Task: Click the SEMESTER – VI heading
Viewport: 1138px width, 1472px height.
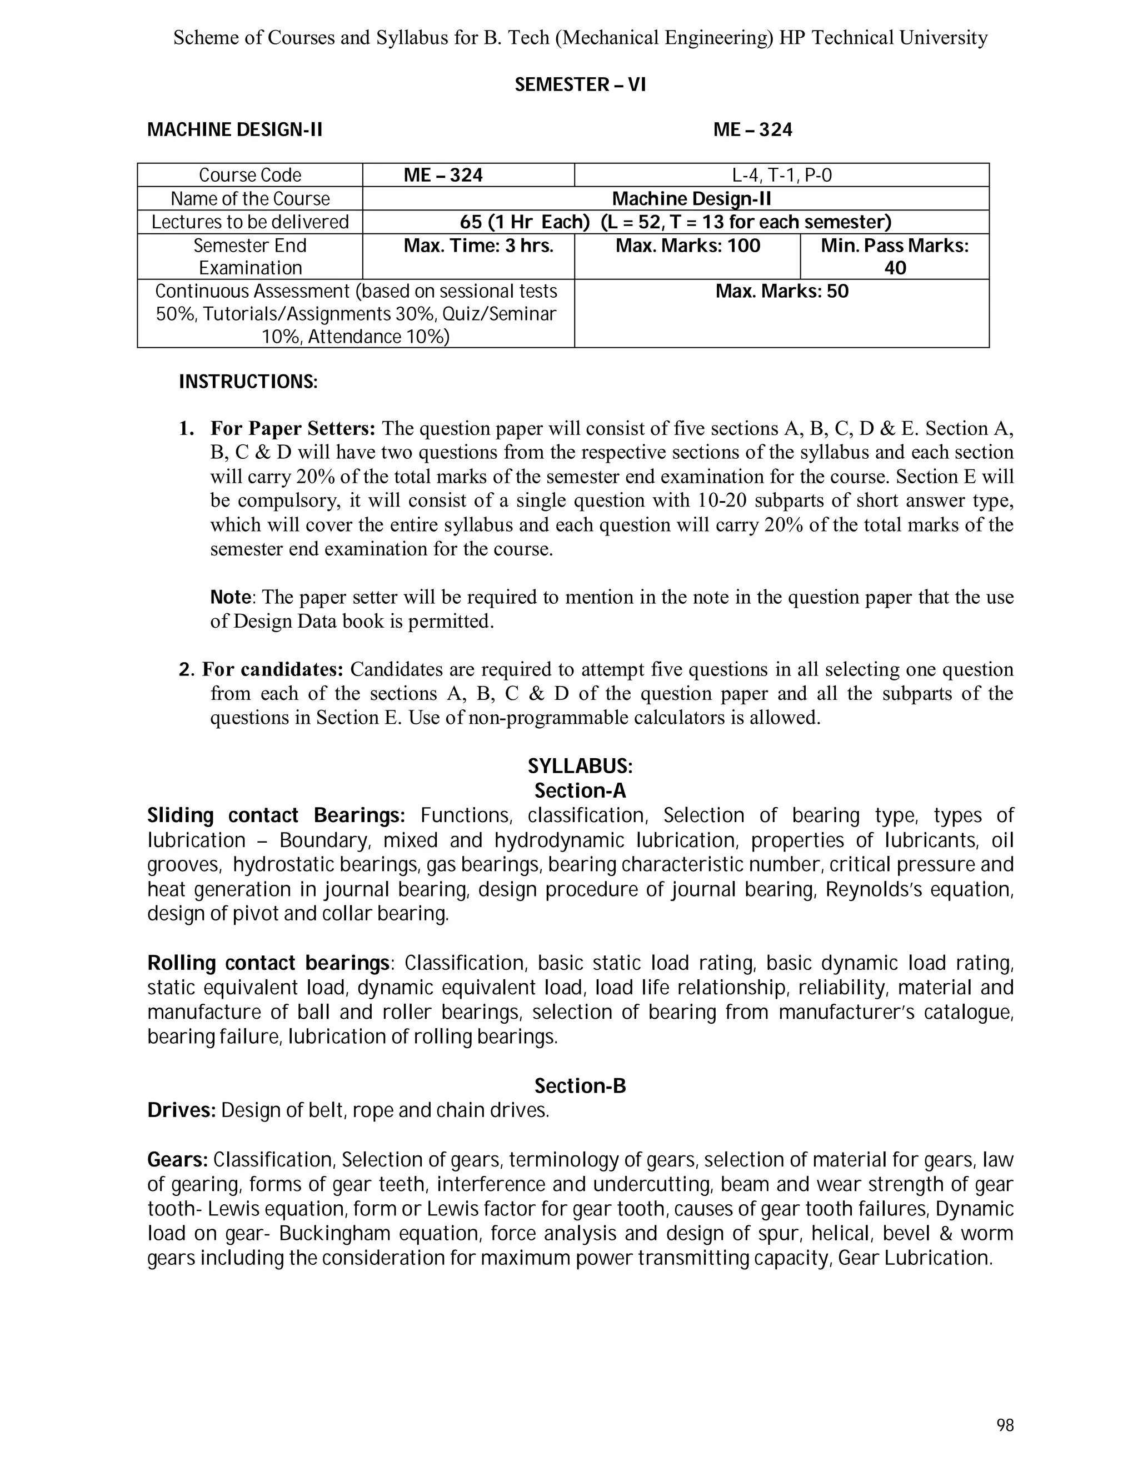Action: pyautogui.click(x=580, y=85)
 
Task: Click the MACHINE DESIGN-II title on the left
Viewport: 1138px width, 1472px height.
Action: pyautogui.click(x=234, y=129)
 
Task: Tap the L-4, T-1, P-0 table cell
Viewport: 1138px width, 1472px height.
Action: pyautogui.click(x=781, y=175)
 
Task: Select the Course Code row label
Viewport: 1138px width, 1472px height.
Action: pyautogui.click(x=249, y=175)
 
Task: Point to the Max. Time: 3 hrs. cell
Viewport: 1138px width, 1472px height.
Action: pyautogui.click(x=478, y=246)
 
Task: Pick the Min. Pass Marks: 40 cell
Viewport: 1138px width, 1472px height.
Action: pyautogui.click(x=894, y=256)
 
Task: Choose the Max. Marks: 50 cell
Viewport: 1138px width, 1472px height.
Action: pyautogui.click(x=781, y=292)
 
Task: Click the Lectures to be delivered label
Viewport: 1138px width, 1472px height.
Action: pyautogui.click(x=249, y=222)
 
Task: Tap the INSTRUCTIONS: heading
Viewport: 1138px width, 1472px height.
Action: pyautogui.click(x=247, y=382)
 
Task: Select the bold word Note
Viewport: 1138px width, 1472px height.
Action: pyautogui.click(x=231, y=597)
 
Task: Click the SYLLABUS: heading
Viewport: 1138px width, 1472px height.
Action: pyautogui.click(x=580, y=767)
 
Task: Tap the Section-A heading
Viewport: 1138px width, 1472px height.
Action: pyautogui.click(x=580, y=790)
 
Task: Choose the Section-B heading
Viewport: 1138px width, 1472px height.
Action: pyautogui.click(x=580, y=1086)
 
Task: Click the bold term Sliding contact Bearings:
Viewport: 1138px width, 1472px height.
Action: pyautogui.click(x=276, y=815)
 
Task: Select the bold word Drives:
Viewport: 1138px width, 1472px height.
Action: pyautogui.click(x=181, y=1110)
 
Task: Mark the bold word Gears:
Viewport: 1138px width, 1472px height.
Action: pyautogui.click(x=177, y=1160)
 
